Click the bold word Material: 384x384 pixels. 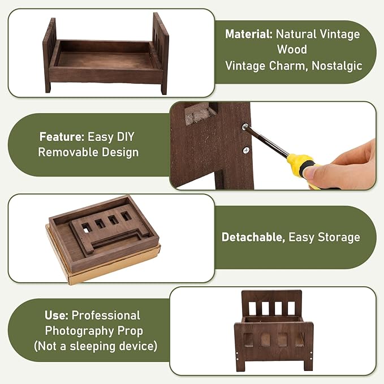(249, 34)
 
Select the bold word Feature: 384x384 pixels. (62, 137)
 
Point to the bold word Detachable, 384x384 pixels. (253, 238)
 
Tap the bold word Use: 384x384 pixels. (57, 315)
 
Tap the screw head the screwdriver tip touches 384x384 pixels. (244, 127)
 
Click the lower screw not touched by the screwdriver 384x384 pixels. (246, 150)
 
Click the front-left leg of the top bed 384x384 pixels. (48, 84)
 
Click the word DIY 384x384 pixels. (126, 137)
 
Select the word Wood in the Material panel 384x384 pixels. (292, 49)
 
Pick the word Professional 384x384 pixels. (106, 315)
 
